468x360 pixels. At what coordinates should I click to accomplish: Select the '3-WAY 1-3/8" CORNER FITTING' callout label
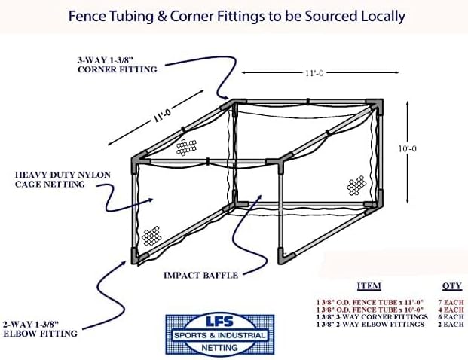(117, 65)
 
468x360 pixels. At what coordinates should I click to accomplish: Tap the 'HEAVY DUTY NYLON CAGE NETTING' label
(63, 179)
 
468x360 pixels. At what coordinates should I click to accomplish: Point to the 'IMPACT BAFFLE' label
(200, 276)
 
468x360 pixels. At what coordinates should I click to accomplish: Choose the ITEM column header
(369, 286)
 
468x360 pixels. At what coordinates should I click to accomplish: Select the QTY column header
(452, 286)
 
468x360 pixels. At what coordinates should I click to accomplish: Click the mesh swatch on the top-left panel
(186, 147)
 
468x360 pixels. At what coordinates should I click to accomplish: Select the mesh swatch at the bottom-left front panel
(154, 235)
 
